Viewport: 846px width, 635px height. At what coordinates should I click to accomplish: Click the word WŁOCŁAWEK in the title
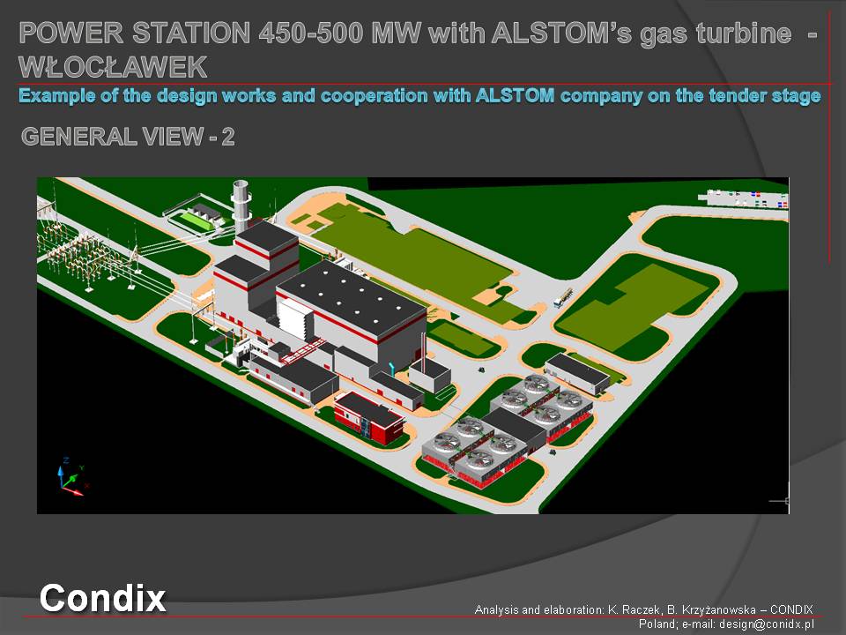113,67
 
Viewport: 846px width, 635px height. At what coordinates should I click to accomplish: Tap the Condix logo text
102,598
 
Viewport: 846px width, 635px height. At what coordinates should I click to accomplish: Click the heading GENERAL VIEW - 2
128,136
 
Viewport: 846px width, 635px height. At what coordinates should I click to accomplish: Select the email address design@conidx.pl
766,624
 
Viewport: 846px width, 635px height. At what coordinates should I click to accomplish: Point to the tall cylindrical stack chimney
241,205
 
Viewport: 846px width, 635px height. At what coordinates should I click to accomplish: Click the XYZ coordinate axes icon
71,477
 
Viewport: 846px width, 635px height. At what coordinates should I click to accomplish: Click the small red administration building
369,417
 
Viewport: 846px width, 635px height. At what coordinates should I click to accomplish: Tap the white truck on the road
563,297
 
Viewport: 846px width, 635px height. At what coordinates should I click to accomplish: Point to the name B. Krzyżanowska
711,609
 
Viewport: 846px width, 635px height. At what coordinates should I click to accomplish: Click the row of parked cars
746,198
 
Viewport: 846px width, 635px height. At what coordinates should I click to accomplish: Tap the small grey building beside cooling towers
577,373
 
